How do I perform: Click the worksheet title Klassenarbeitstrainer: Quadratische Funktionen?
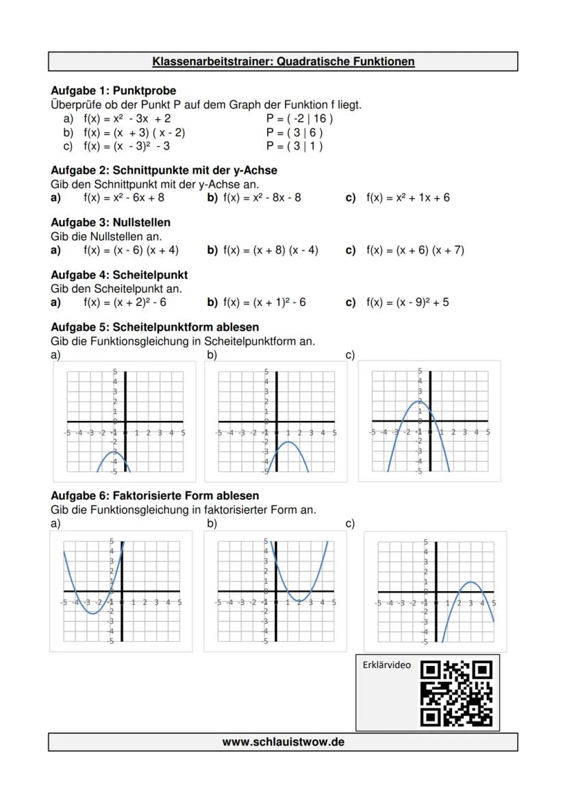point(283,62)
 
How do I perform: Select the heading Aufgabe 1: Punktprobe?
point(113,91)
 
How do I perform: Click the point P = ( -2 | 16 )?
point(299,119)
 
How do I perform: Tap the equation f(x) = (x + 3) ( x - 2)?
point(134,132)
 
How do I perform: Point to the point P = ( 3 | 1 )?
point(294,146)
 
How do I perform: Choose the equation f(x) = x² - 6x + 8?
point(123,197)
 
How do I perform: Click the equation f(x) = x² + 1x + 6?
point(408,197)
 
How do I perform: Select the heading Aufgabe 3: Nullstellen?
point(110,222)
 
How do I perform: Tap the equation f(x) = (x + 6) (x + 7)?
point(415,250)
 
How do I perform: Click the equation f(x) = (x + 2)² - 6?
point(125,302)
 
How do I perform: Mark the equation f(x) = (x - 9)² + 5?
point(407,302)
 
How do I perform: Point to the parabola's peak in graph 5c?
point(420,401)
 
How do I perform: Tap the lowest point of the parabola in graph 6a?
point(92,613)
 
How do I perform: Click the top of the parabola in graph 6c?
point(471,582)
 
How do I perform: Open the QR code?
point(455,693)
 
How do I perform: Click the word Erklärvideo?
point(386,665)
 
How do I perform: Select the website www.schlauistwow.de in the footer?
point(283,742)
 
